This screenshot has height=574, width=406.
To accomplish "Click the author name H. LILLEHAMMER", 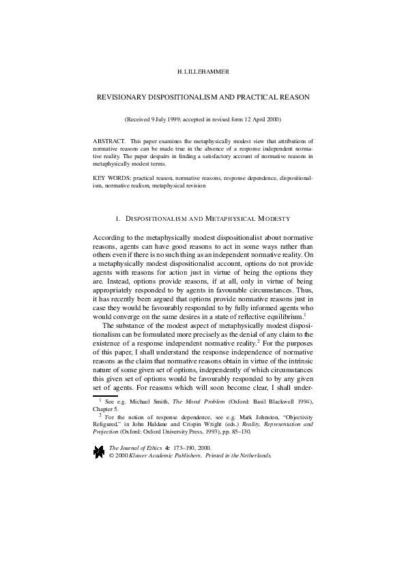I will click(203, 71).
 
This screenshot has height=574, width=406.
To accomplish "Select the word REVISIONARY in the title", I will click(126, 97).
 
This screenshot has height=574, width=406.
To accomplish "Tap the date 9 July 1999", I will click(168, 119).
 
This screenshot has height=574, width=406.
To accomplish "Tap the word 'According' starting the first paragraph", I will click(108, 237).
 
